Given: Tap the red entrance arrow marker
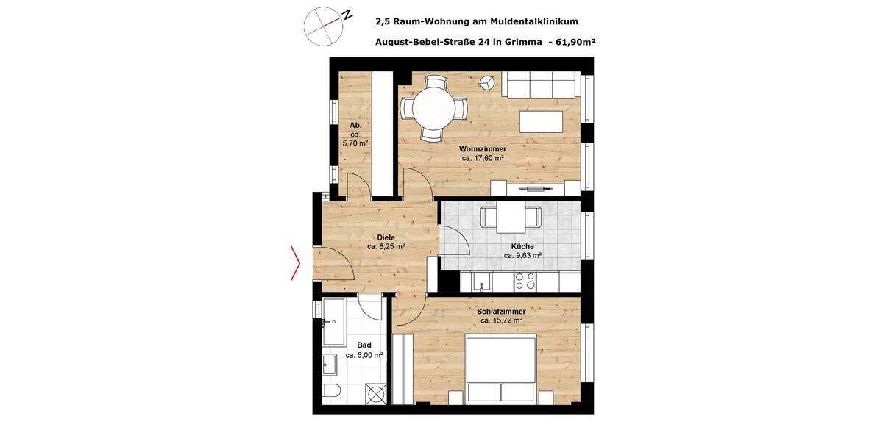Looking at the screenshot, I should click(296, 262).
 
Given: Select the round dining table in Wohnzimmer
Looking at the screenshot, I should click(433, 109).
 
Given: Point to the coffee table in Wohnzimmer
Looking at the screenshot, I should click(542, 120).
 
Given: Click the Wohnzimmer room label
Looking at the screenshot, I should click(483, 149).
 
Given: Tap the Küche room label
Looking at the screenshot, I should click(522, 247).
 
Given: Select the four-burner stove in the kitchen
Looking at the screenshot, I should click(525, 282).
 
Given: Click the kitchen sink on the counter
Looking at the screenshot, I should click(482, 282).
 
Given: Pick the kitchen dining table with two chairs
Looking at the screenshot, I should click(511, 217).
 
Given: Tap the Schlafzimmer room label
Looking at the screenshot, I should click(501, 312).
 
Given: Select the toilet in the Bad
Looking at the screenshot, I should click(328, 390).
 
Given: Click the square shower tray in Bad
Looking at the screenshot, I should click(377, 394).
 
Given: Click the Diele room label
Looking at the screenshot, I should click(386, 237).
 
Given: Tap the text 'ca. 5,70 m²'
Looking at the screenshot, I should click(355, 144).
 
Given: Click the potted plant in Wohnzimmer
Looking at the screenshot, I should click(486, 81).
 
